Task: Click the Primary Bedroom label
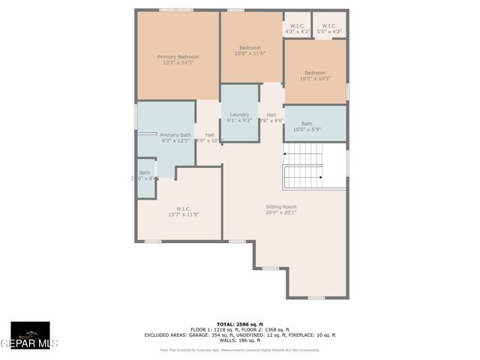pos(178,57)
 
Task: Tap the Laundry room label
pos(239,114)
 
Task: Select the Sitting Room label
pos(281,206)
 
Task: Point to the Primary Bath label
pos(175,135)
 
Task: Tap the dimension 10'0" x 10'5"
pos(315,79)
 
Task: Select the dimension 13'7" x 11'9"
pos(184,214)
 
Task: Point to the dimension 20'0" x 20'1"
pos(281,212)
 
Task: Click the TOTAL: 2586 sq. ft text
pos(240,324)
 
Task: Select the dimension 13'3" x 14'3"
pos(178,63)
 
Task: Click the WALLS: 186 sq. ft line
pos(240,340)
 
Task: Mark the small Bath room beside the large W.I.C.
pos(145,176)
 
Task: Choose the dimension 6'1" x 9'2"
pos(239,120)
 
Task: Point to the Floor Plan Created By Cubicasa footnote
pos(240,349)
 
